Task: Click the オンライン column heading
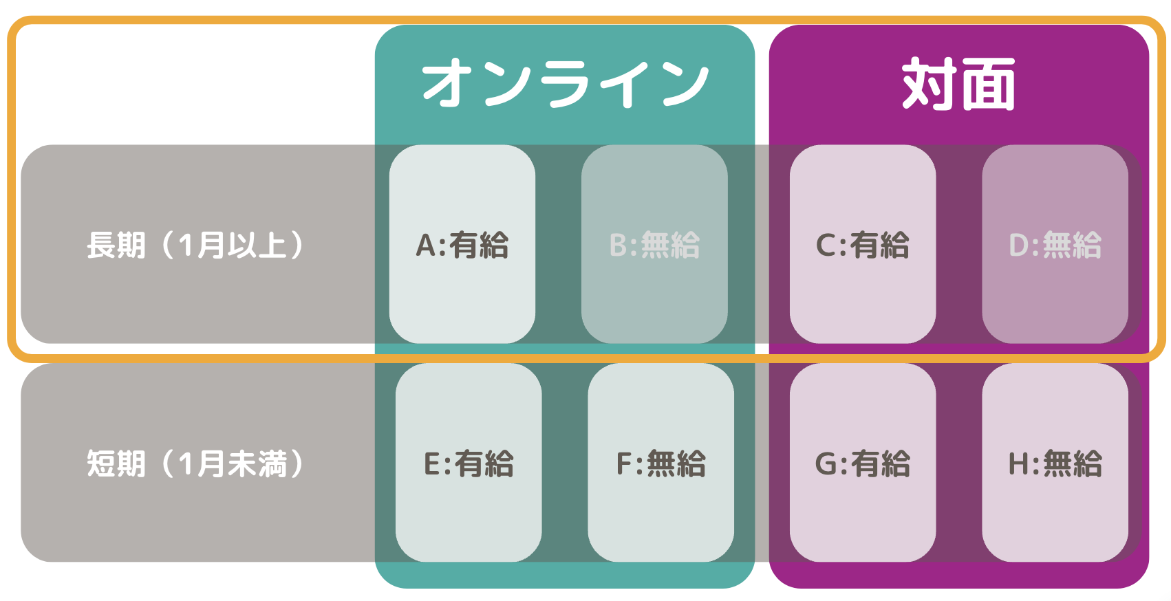click(565, 83)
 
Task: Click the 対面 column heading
click(958, 84)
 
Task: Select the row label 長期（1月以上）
click(196, 245)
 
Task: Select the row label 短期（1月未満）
click(196, 463)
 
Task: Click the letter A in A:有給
click(426, 245)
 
